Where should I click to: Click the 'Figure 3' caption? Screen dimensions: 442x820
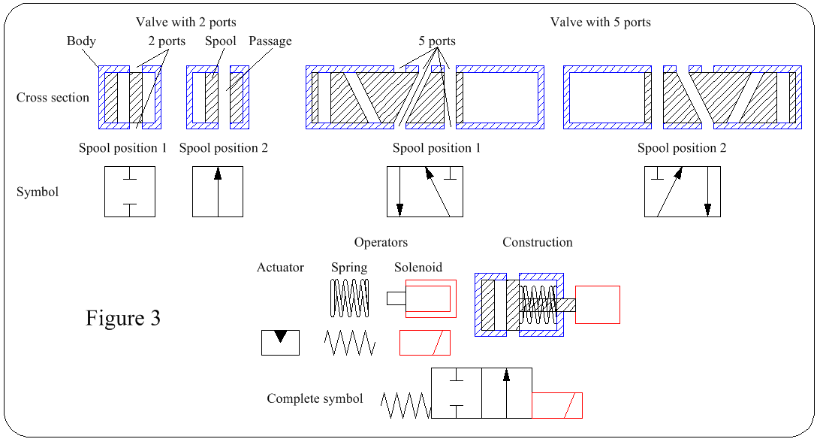click(x=122, y=318)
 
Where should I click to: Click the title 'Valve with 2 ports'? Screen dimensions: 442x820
click(x=185, y=22)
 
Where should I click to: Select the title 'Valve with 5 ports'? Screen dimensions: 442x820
click(x=600, y=22)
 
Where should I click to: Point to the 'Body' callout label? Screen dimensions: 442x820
click(x=81, y=41)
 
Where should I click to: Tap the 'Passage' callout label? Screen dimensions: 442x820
click(x=270, y=41)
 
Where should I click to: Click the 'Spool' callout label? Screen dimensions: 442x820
click(x=220, y=41)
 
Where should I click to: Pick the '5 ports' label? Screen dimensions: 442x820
click(x=437, y=41)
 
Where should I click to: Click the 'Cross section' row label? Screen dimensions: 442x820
click(x=53, y=97)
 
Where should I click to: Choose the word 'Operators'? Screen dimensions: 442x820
click(x=381, y=242)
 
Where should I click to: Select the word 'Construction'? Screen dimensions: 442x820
click(x=537, y=242)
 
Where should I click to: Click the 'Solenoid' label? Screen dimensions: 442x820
click(x=418, y=267)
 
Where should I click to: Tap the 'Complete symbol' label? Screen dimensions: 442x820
click(x=315, y=398)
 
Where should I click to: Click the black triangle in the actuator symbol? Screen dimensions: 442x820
click(x=280, y=337)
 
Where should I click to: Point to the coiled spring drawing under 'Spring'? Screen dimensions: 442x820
click(x=350, y=297)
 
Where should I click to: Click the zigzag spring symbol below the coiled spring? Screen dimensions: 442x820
click(x=349, y=343)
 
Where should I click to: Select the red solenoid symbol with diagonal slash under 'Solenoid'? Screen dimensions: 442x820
click(x=425, y=343)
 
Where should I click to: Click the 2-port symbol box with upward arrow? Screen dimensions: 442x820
click(x=218, y=192)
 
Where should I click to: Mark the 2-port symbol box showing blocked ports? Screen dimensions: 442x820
click(x=130, y=192)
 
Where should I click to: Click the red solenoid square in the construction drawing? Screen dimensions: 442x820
click(x=597, y=304)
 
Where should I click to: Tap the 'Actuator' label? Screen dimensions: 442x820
click(x=280, y=267)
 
